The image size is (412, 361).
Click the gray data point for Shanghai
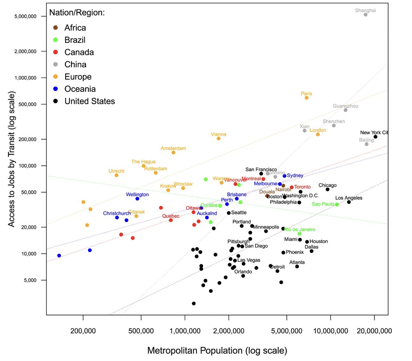365,14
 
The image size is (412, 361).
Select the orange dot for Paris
307,98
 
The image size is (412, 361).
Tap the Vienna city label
218,134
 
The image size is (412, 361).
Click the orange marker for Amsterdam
173,153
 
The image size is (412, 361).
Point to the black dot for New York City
375,137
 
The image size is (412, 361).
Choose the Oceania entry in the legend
80,89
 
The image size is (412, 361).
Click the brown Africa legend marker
56,28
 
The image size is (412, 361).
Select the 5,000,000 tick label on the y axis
25,17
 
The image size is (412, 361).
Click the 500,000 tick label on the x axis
141,331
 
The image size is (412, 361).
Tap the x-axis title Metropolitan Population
217,351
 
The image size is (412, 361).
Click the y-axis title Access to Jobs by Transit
12,159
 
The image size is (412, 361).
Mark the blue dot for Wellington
137,199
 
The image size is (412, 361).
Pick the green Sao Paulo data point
337,205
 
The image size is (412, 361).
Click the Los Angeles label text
348,198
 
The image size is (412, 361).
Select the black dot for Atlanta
297,266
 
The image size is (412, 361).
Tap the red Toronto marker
292,187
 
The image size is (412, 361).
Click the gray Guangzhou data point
345,110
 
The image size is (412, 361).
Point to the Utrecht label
116,171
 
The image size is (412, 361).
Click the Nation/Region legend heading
77,13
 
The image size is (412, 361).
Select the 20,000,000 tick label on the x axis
374,331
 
